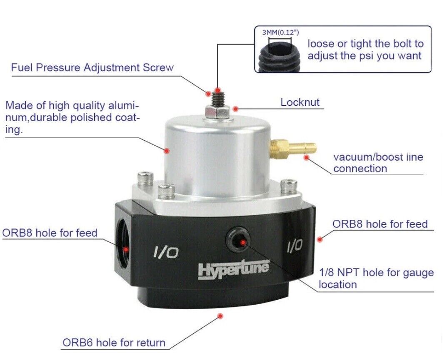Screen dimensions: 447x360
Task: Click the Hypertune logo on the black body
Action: point(233,269)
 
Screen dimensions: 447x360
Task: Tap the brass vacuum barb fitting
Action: point(293,147)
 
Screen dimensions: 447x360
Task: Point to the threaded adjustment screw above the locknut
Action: point(219,98)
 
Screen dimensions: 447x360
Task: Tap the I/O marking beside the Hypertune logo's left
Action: point(166,252)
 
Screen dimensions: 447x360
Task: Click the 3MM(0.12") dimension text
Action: point(280,32)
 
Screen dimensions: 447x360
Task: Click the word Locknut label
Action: point(300,102)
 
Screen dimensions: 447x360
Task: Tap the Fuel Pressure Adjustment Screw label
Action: point(92,68)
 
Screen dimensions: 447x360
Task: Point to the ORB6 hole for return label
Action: point(114,343)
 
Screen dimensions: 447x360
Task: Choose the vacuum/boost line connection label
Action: point(378,163)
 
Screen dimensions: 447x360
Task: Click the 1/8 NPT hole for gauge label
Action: point(376,278)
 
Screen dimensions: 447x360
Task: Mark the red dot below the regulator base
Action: point(220,316)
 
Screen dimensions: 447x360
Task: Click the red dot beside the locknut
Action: point(235,109)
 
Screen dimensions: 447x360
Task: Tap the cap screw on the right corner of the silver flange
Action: point(288,186)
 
